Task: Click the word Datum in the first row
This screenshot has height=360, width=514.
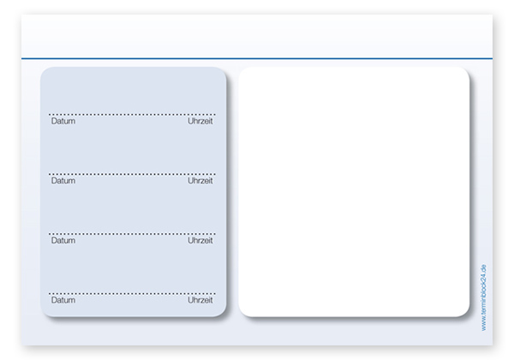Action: click(63, 121)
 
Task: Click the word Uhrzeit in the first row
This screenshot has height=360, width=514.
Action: click(200, 121)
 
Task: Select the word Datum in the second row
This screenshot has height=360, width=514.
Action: click(63, 181)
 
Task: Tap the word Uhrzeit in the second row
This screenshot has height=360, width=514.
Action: click(200, 181)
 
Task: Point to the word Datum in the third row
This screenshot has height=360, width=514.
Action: click(63, 240)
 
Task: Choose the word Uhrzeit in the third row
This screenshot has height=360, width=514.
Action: click(200, 240)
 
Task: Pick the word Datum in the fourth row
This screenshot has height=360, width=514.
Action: click(63, 300)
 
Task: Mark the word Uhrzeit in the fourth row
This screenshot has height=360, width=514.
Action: click(200, 300)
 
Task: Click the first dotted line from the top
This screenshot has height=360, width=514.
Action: click(132, 114)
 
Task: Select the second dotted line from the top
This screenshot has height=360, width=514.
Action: click(132, 174)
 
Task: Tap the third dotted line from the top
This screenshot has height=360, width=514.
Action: click(132, 234)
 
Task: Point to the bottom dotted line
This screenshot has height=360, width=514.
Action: click(132, 293)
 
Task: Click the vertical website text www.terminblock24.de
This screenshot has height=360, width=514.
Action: click(484, 297)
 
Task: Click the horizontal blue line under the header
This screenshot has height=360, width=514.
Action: click(257, 58)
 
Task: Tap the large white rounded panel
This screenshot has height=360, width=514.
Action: click(354, 192)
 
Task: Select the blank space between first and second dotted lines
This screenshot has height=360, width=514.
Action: click(132, 149)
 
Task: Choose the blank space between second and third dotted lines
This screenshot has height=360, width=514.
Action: click(132, 209)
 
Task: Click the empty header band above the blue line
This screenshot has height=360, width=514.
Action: click(257, 36)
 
